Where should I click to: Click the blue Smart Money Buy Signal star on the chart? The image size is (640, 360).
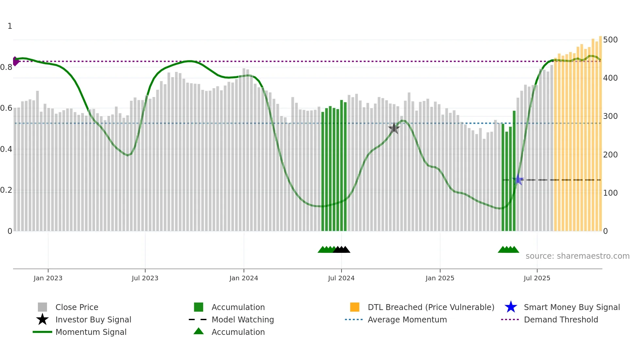point(518,180)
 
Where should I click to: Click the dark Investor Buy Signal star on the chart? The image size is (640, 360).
point(394,128)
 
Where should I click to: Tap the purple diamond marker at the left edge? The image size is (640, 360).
point(15,61)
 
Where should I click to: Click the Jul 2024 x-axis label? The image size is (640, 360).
point(341,278)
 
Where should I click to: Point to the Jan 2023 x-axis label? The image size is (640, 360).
point(48,278)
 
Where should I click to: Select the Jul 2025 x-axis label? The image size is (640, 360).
point(537,278)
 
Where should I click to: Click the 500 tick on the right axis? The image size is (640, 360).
point(610,40)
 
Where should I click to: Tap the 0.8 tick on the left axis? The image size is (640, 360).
point(6,67)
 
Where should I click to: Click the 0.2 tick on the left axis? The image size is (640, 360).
point(6,190)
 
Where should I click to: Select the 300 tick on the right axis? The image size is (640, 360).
point(610,116)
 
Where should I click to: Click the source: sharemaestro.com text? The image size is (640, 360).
point(577,256)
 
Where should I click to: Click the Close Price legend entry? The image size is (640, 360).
point(77,307)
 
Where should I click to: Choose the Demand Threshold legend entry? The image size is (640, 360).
point(561,319)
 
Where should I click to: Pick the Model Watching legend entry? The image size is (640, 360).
point(243,319)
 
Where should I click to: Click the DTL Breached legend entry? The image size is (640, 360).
point(431,307)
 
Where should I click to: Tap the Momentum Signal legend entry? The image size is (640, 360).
point(91,332)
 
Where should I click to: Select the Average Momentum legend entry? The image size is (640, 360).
point(407,319)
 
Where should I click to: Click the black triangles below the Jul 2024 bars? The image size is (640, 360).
point(342,250)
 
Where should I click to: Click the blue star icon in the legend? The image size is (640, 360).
point(511,307)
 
